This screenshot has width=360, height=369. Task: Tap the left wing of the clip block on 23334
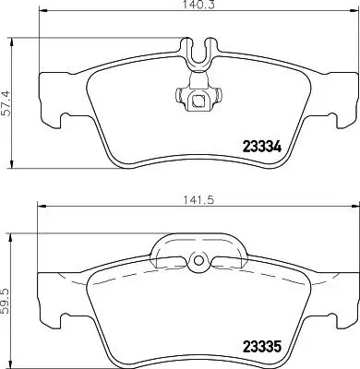coord(175,94)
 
